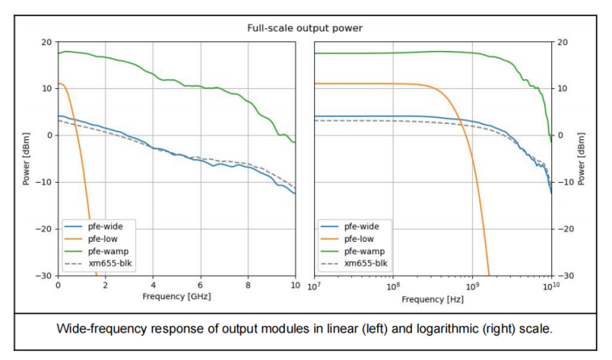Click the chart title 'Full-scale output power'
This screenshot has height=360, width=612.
click(304, 28)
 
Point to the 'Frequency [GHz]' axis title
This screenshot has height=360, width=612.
click(176, 297)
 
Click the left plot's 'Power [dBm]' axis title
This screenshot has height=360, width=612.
click(27, 159)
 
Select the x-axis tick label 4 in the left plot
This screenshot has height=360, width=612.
click(152, 286)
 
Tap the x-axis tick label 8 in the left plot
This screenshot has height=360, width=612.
click(248, 286)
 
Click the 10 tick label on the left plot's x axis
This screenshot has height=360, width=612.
click(295, 286)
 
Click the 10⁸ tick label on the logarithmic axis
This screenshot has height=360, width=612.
click(393, 286)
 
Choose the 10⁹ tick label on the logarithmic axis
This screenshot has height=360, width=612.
click(473, 286)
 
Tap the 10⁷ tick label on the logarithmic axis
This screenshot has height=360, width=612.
click(314, 286)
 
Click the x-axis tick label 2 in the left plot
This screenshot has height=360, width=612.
click(105, 286)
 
